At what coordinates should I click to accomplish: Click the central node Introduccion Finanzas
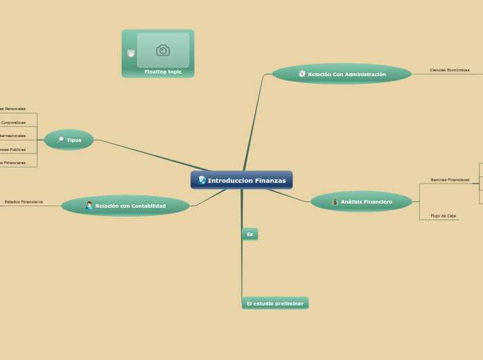[x=242, y=180]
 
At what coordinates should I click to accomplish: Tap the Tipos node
[x=69, y=140]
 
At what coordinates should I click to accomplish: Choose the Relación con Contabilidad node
[x=125, y=206]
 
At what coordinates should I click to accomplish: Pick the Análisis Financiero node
[x=361, y=201]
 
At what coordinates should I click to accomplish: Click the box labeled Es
[x=249, y=235]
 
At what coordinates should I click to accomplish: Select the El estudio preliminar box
[x=275, y=303]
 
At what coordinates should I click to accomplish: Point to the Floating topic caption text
[x=163, y=71]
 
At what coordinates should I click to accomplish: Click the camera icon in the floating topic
[x=163, y=50]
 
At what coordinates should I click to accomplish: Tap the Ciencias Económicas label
[x=450, y=70]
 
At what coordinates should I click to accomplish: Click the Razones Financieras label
[x=450, y=179]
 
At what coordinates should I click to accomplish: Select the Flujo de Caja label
[x=444, y=216]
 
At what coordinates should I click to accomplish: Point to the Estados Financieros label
[x=24, y=201]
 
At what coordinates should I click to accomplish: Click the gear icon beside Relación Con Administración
[x=301, y=74]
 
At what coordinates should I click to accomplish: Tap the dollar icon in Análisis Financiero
[x=335, y=201]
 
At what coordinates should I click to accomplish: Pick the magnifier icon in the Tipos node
[x=60, y=140]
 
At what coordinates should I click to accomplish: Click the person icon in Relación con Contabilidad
[x=89, y=206]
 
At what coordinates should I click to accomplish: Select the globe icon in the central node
[x=202, y=180]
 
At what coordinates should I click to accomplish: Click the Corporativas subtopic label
[x=13, y=123]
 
